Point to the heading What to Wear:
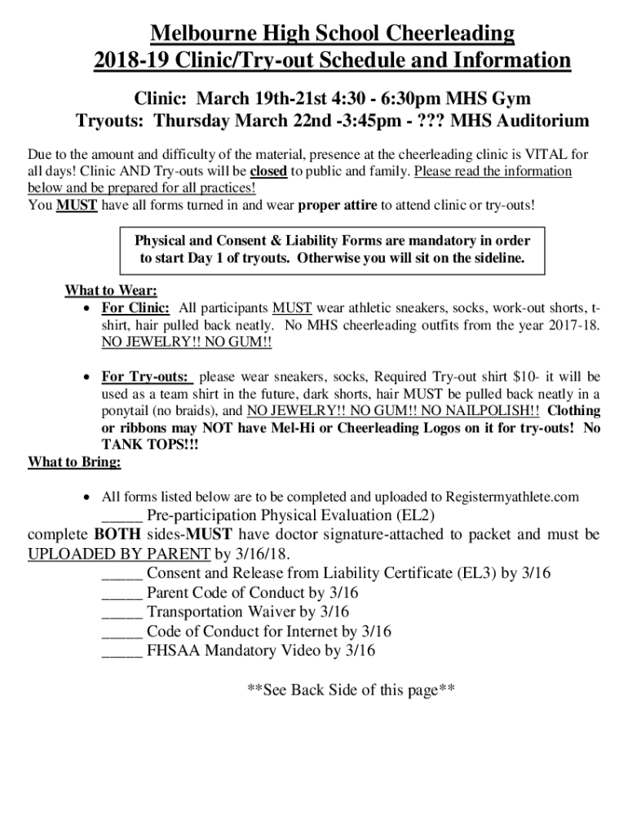[x=111, y=291]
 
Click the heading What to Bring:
[x=74, y=462]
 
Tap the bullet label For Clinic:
[x=135, y=308]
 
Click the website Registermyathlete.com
[x=511, y=497]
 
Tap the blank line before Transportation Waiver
[x=122, y=612]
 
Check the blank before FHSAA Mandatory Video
[x=122, y=651]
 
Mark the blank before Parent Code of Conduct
[x=122, y=592]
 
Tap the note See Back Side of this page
[x=350, y=690]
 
